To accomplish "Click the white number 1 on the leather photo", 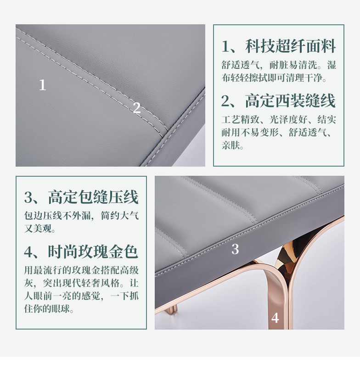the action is pyautogui.click(x=42, y=85).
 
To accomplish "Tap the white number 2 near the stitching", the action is pyautogui.click(x=136, y=107).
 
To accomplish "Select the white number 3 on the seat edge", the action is pyautogui.click(x=235, y=249).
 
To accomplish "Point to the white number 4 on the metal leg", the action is pyautogui.click(x=275, y=318).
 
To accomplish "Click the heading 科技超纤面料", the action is pyautogui.click(x=290, y=46).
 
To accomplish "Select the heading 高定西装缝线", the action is pyautogui.click(x=290, y=101).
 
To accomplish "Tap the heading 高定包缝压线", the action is pyautogui.click(x=93, y=197).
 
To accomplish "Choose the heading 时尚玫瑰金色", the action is pyautogui.click(x=93, y=252).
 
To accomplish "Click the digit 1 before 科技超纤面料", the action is pyautogui.click(x=225, y=46).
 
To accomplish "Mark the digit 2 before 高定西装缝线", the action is pyautogui.click(x=225, y=101).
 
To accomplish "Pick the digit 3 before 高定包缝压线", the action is pyautogui.click(x=28, y=197).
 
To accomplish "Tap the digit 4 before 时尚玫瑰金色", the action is pyautogui.click(x=28, y=252).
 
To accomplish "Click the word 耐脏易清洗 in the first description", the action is pyautogui.click(x=293, y=65).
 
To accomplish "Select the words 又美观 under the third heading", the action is pyautogui.click(x=38, y=229).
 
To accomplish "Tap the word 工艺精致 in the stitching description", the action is pyautogui.click(x=241, y=120).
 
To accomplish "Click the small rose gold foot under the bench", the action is pyautogui.click(x=172, y=310).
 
